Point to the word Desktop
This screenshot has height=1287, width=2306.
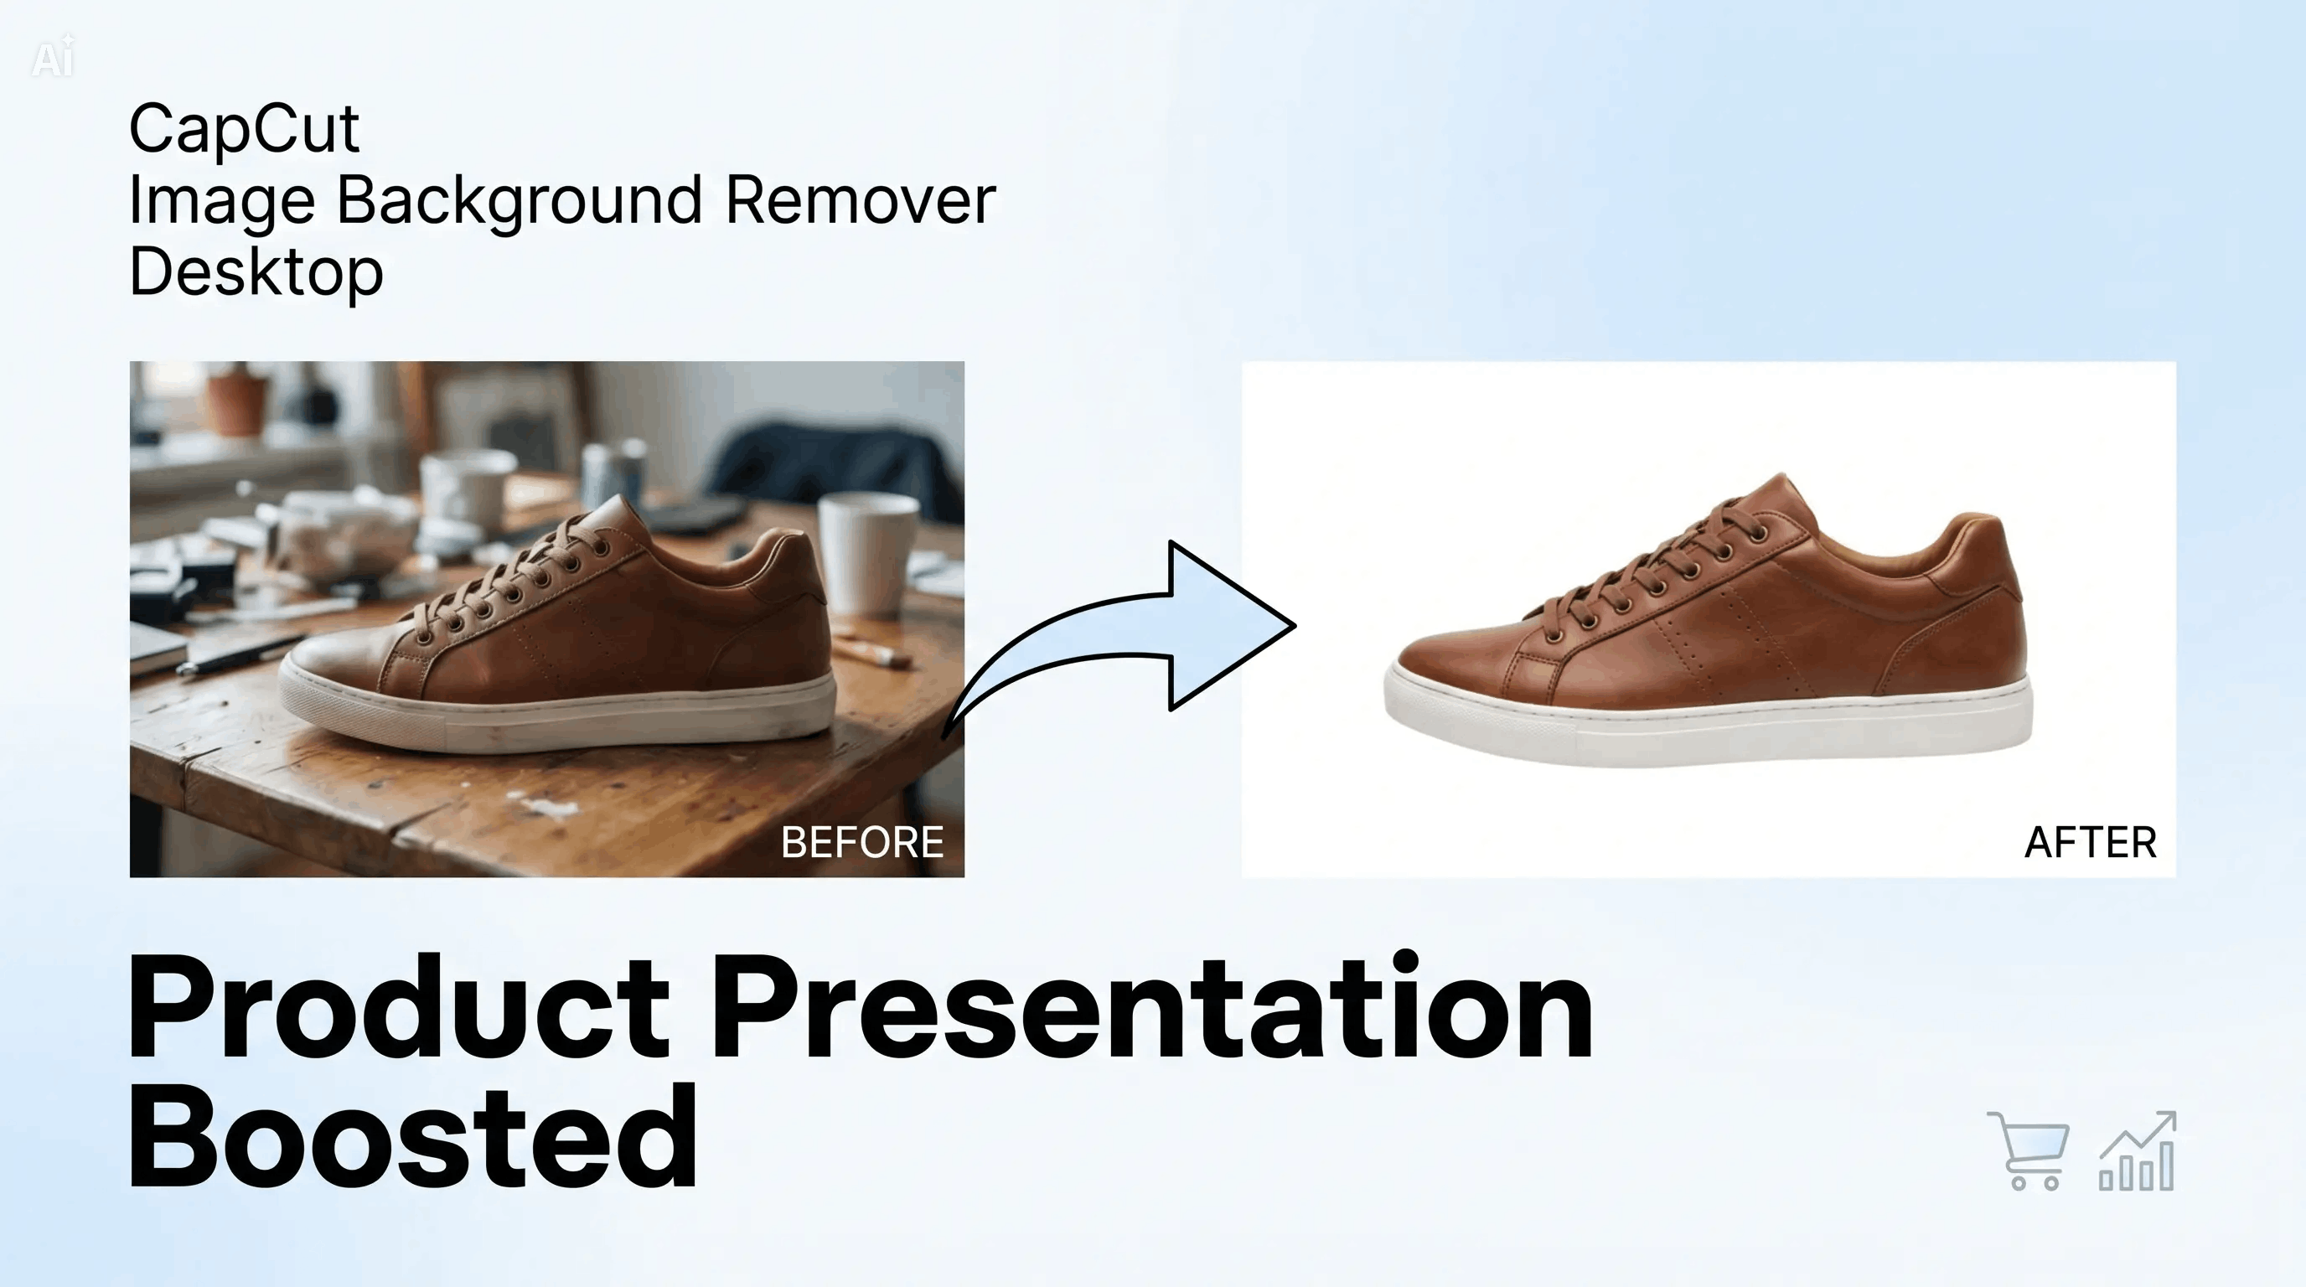click(x=256, y=273)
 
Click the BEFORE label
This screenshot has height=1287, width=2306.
click(x=862, y=842)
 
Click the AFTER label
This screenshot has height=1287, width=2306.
click(x=2091, y=842)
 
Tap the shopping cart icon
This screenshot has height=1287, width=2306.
click(x=2029, y=1151)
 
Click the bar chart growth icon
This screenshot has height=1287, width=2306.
click(x=2138, y=1151)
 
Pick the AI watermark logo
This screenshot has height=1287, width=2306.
click(x=53, y=58)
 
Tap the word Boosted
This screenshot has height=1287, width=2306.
click(x=412, y=1135)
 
